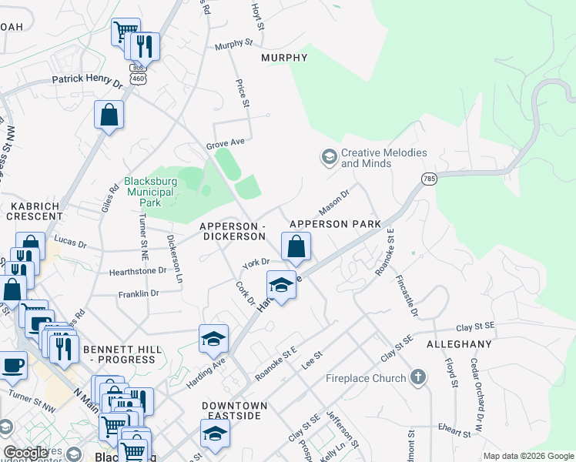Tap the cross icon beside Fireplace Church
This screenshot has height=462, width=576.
(x=418, y=377)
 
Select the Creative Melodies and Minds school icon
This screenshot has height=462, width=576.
(x=329, y=158)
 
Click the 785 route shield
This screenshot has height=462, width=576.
(x=430, y=179)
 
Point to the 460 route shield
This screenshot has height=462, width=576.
(x=138, y=78)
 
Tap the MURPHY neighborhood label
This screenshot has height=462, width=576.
(x=284, y=58)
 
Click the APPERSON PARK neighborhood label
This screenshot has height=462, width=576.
(x=335, y=224)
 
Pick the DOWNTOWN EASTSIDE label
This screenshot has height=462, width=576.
(x=235, y=410)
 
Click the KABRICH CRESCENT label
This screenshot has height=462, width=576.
(x=36, y=212)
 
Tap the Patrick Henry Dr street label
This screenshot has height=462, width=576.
(x=87, y=79)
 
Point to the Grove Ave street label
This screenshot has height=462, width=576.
(x=224, y=142)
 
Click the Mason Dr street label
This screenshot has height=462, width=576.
(x=333, y=202)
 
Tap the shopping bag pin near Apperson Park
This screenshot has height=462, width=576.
(x=296, y=247)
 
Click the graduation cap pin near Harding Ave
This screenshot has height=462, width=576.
(x=214, y=338)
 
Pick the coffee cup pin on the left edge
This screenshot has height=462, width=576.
(x=13, y=365)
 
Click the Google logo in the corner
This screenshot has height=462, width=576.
(x=27, y=453)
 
